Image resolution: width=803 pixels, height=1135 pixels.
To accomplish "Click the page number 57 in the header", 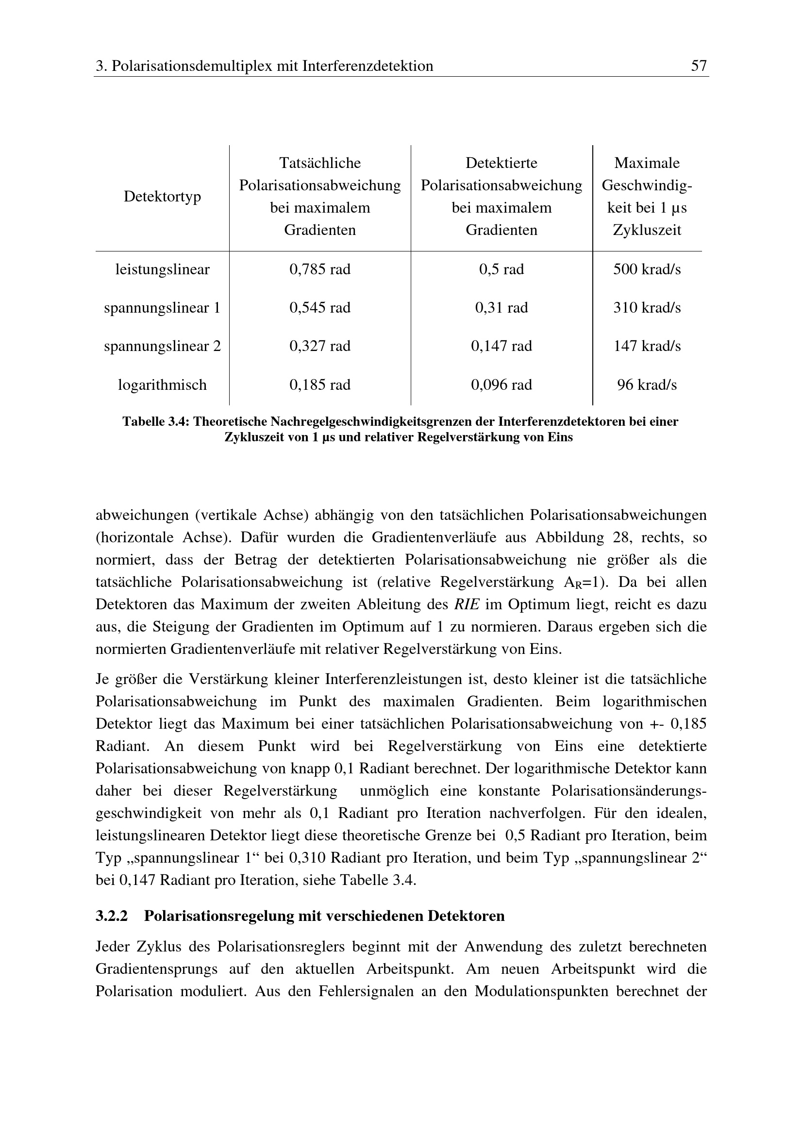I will pyautogui.click(x=698, y=66).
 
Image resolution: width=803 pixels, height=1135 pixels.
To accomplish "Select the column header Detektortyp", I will pyautogui.click(x=162, y=196).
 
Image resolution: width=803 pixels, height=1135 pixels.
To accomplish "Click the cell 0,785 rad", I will pyautogui.click(x=320, y=269).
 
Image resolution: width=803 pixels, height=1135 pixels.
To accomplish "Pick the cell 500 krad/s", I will pyautogui.click(x=647, y=269).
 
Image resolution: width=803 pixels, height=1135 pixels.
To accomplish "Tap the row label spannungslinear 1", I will pyautogui.click(x=162, y=308).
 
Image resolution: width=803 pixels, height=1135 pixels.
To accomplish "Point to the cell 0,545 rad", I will pyautogui.click(x=320, y=308).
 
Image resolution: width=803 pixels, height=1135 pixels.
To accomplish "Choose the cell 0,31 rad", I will pyautogui.click(x=502, y=308).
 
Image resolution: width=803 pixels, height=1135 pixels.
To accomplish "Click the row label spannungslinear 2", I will pyautogui.click(x=162, y=346).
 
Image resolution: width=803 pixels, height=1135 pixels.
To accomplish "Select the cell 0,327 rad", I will pyautogui.click(x=320, y=346).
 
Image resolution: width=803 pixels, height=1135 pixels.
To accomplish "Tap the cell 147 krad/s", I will pyautogui.click(x=647, y=346).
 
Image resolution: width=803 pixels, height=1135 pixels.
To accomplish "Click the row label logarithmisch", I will pyautogui.click(x=162, y=384).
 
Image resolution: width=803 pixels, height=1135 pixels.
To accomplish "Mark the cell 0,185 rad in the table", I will pyautogui.click(x=320, y=384).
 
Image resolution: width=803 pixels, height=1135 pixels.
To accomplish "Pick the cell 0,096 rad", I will pyautogui.click(x=502, y=384).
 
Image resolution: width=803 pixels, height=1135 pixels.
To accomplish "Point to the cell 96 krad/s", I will pyautogui.click(x=647, y=384).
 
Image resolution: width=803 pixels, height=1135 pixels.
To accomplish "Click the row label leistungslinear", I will pyautogui.click(x=162, y=269).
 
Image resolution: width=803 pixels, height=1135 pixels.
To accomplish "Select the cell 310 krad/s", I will pyautogui.click(x=647, y=308).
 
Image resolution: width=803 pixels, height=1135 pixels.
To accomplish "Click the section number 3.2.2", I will pyautogui.click(x=111, y=916).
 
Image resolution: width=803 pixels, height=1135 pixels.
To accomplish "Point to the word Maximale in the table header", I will pyautogui.click(x=647, y=163).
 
